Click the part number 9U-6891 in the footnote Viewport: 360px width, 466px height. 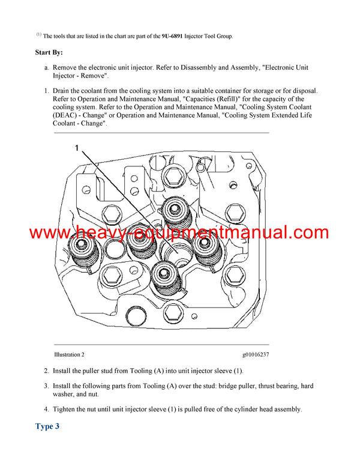173,36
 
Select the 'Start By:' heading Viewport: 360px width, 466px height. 49,53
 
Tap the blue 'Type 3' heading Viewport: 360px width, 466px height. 47,427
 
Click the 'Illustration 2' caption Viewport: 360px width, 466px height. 69,355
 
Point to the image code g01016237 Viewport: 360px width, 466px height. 256,355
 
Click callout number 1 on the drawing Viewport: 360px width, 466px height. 77,147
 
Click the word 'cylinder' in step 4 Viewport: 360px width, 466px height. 235,410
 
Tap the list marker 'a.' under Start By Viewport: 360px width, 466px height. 46,68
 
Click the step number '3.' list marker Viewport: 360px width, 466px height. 46,386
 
